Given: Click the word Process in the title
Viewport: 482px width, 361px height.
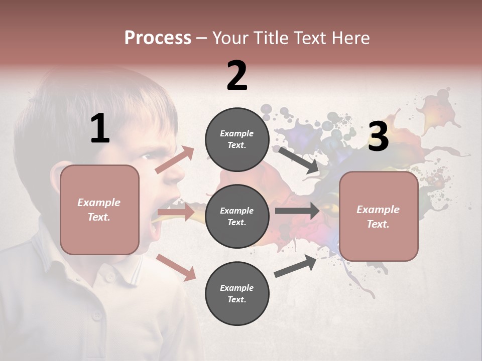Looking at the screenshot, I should click(158, 38).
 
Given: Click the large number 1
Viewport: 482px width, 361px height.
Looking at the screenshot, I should click(100, 129).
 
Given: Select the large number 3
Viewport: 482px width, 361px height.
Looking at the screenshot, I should click(378, 136).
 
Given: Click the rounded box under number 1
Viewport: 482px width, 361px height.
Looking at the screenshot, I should click(99, 210).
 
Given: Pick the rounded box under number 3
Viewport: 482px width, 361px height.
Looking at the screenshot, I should click(379, 217).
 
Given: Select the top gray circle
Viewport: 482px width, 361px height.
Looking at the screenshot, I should click(237, 139).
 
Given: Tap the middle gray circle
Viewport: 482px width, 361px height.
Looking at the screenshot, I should click(237, 216).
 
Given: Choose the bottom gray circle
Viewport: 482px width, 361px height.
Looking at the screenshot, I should click(237, 293).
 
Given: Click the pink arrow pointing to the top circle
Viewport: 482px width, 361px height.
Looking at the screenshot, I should click(175, 159).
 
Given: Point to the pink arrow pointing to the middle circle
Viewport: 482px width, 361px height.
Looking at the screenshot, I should click(176, 213).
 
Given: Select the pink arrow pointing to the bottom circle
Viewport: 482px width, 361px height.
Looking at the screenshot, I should click(176, 267).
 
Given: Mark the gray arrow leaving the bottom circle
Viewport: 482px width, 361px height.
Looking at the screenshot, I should click(296, 266).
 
